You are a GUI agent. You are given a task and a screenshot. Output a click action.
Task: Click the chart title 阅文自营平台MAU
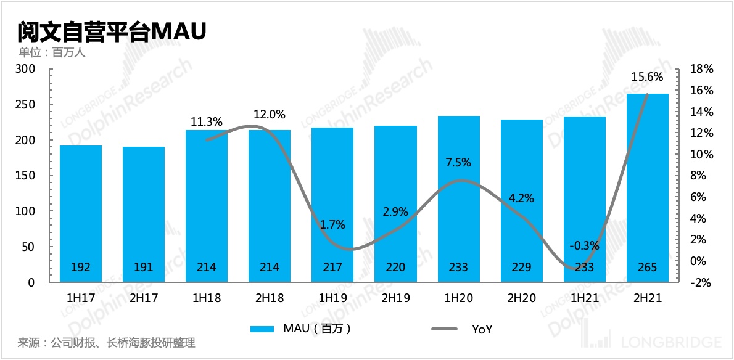point(111,31)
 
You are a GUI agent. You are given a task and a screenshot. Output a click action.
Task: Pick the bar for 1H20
point(459,197)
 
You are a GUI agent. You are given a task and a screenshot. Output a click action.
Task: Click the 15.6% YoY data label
point(647,77)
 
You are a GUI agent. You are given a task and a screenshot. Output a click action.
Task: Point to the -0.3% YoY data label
point(583,246)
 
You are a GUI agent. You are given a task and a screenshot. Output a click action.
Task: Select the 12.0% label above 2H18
point(270,114)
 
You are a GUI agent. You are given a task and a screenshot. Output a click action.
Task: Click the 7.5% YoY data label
point(458,163)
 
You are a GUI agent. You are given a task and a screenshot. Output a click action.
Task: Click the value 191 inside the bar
point(144,268)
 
